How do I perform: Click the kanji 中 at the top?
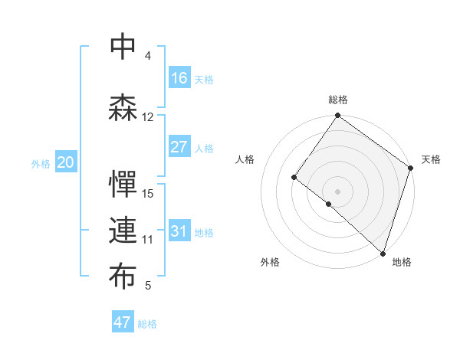tap(123, 47)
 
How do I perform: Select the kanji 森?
tap(123, 108)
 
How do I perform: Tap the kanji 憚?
tap(123, 185)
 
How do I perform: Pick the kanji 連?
tap(123, 231)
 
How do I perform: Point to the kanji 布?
tap(123, 277)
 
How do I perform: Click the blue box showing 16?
tap(179, 78)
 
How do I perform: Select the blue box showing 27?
tap(179, 147)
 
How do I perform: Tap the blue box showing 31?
tap(179, 231)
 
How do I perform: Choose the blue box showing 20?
tap(66, 162)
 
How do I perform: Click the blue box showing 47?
tap(123, 322)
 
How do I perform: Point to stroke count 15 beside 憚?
tap(149, 193)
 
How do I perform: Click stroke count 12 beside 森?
tap(148, 116)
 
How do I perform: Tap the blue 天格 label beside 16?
tap(204, 79)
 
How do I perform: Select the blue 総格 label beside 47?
tap(147, 323)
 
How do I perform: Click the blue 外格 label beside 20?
tap(41, 163)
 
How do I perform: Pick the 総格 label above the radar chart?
tap(337, 100)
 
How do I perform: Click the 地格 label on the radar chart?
tap(402, 262)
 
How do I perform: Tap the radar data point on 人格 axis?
tap(294, 178)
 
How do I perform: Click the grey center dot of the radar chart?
tap(337, 191)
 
